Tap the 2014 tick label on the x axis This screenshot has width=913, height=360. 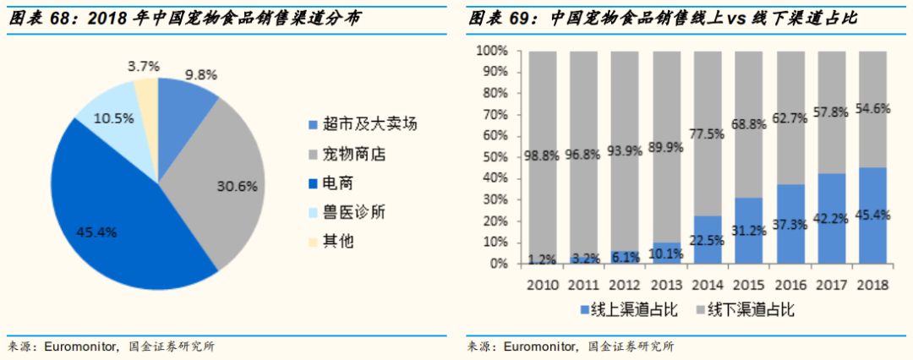[x=708, y=284]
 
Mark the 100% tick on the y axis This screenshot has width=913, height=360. [x=489, y=52]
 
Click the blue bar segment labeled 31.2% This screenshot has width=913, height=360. [x=749, y=231]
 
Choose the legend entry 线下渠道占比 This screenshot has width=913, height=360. [x=744, y=310]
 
